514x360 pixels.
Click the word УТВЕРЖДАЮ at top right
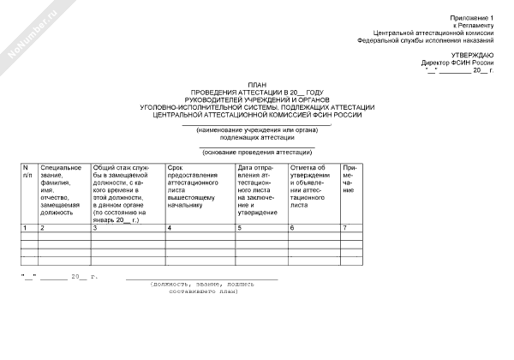point(474,55)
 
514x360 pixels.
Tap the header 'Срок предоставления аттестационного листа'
point(198,184)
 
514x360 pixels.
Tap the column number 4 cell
point(169,228)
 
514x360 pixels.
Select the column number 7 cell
point(344,228)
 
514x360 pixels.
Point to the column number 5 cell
point(240,228)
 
